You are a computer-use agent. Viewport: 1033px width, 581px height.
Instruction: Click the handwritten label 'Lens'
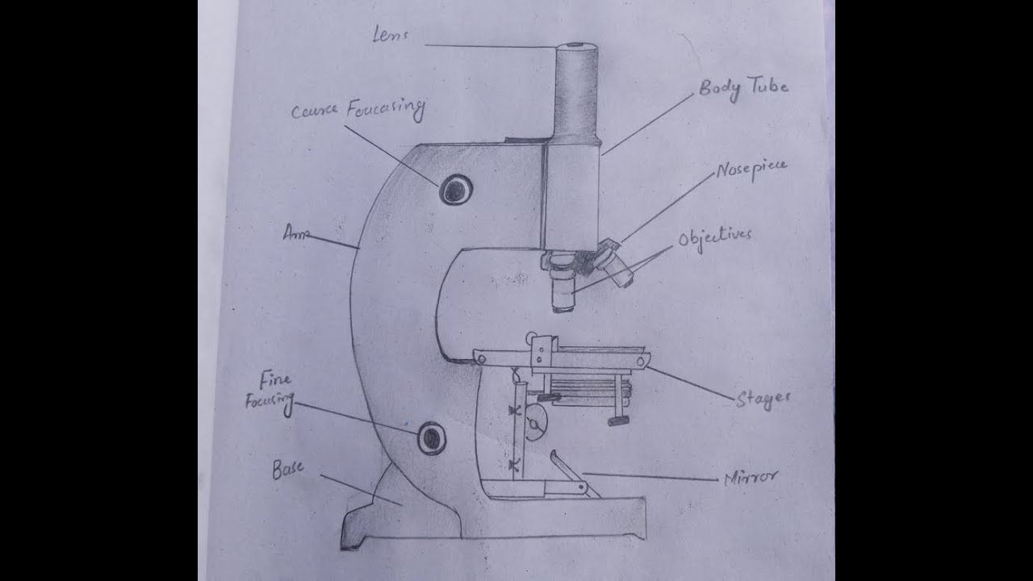coord(391,35)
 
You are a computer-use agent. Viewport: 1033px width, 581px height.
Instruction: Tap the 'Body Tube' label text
coord(742,88)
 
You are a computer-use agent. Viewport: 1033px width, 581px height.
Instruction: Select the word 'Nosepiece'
coord(751,170)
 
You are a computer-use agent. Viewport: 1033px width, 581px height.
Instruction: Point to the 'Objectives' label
coord(714,238)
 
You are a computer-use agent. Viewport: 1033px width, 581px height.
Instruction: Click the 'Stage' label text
coord(763,398)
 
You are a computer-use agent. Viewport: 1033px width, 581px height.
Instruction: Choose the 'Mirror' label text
coord(751,478)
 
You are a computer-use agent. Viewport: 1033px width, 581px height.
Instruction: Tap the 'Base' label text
coord(288,469)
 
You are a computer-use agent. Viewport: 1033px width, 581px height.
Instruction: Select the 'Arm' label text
coord(297,234)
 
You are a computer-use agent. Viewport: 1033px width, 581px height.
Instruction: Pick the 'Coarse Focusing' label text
coord(358,110)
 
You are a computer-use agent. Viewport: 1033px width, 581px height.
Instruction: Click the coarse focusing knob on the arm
coord(455,189)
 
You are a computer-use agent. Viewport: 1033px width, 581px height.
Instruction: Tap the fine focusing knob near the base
coord(432,437)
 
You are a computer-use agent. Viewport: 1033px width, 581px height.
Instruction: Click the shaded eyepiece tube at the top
coord(576,89)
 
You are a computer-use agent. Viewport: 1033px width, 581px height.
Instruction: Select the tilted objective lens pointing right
coord(617,267)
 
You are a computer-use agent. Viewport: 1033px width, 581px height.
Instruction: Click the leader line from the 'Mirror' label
coord(650,476)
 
